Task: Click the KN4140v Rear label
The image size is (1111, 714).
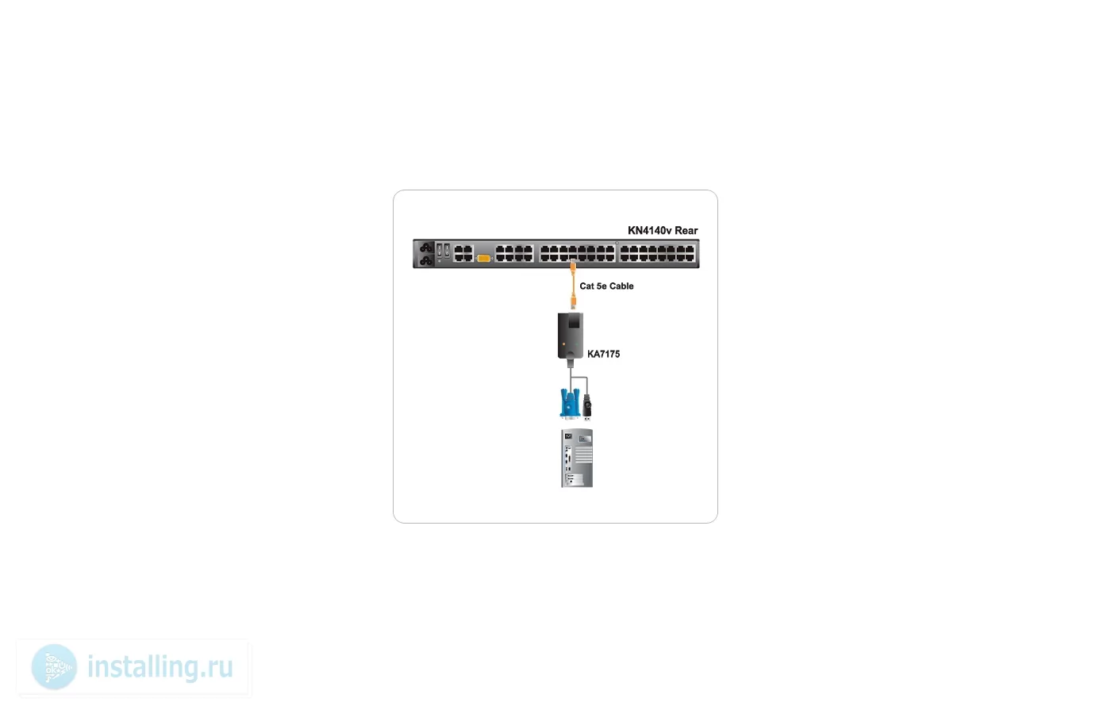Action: (x=663, y=231)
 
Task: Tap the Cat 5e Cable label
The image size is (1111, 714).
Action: (x=606, y=286)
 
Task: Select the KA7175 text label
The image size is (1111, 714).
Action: (x=603, y=354)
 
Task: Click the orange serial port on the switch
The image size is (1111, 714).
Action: (x=483, y=258)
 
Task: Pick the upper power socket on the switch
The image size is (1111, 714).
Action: (x=425, y=248)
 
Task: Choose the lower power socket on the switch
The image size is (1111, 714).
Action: (x=425, y=260)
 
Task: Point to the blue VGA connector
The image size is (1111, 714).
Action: (x=570, y=403)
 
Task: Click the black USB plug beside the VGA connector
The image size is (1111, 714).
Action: (x=587, y=407)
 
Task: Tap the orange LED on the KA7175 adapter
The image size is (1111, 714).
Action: (x=563, y=344)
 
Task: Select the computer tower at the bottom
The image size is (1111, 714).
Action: (x=577, y=459)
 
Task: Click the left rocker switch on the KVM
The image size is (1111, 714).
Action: (x=440, y=250)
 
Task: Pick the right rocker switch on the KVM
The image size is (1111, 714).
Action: (x=447, y=250)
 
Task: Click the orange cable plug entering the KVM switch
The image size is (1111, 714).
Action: (x=573, y=267)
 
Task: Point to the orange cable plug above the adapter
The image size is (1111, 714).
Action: (x=573, y=301)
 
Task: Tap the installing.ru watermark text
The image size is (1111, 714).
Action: (x=160, y=667)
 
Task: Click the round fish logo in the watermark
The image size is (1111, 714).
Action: (x=54, y=667)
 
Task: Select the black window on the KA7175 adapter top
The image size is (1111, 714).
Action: (x=574, y=321)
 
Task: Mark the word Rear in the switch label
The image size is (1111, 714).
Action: (x=686, y=231)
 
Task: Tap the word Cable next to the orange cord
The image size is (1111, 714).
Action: (x=621, y=286)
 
